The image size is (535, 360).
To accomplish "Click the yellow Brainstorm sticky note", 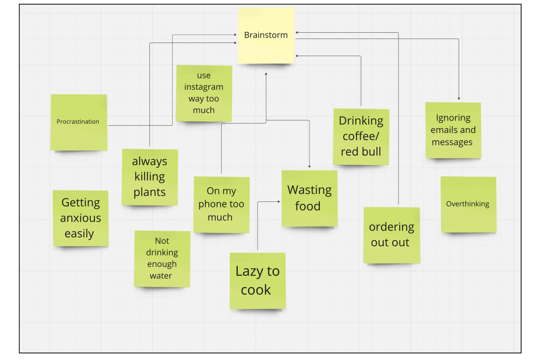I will [266, 35].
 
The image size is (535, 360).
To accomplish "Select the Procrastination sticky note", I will [79, 122].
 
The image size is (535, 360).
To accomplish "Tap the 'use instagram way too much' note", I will [204, 93].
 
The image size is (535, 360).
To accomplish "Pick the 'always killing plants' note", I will [150, 177].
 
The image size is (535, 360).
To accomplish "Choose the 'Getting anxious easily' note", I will [81, 218].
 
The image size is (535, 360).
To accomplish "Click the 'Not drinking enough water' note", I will [162, 259].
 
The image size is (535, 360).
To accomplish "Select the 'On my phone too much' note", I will [221, 204].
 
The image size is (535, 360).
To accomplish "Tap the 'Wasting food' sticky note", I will [309, 198].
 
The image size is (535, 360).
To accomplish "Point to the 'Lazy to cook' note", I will [257, 281].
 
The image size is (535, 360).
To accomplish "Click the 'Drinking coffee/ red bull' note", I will [361, 137].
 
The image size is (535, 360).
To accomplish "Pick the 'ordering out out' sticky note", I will [391, 235].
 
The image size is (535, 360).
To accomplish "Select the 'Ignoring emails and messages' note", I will [453, 130].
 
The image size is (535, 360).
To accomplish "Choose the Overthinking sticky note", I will [468, 204].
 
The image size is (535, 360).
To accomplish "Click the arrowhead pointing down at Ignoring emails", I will [459, 98].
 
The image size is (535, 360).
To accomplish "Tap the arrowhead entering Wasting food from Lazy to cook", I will [279, 202].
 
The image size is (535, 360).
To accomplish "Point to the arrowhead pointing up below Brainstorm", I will [266, 74].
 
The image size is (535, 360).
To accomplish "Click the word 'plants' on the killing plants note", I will [150, 192].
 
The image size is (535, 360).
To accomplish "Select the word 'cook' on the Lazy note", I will [256, 290].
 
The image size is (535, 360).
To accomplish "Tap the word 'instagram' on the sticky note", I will [204, 87].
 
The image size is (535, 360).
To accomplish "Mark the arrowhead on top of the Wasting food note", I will [309, 166].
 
